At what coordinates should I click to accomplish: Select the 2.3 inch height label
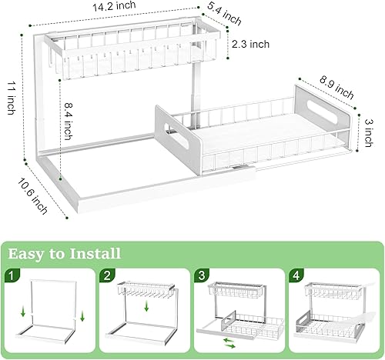251,44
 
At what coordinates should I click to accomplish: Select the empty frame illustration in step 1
51,312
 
